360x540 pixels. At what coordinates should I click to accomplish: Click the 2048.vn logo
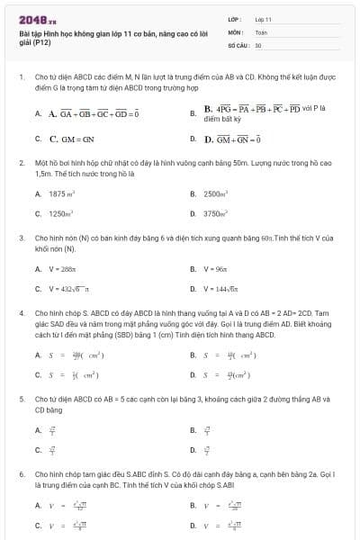click(x=37, y=18)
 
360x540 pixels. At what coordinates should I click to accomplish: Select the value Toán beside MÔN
click(x=261, y=31)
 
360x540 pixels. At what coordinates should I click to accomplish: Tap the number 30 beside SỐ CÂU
click(x=258, y=44)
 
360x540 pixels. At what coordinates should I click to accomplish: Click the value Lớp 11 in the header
click(x=263, y=18)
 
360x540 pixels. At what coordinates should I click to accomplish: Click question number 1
click(x=21, y=78)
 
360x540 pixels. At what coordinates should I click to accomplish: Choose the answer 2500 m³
click(x=216, y=193)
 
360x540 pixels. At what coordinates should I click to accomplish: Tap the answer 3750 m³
click(x=216, y=214)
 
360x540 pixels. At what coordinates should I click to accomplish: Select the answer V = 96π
click(x=217, y=268)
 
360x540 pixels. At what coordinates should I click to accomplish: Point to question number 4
click(x=21, y=310)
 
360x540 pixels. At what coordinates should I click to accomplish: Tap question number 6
click(x=21, y=472)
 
